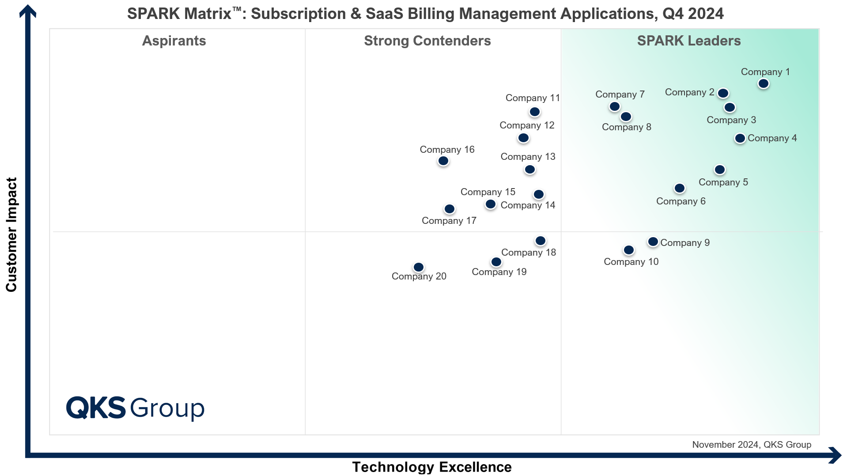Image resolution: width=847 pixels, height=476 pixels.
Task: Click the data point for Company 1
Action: [x=763, y=83]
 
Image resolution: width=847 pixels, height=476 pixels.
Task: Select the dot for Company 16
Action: [x=443, y=161]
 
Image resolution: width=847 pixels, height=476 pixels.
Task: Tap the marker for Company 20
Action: [x=418, y=267]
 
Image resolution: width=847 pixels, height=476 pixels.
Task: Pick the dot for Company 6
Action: [x=679, y=188]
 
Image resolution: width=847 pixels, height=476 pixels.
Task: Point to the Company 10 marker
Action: [x=628, y=250]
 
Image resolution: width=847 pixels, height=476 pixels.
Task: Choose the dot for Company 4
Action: [x=740, y=138]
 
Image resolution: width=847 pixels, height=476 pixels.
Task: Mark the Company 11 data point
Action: [x=534, y=112]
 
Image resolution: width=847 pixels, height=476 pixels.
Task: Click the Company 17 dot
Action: [x=449, y=209]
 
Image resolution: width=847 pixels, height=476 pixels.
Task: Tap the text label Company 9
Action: [x=685, y=243]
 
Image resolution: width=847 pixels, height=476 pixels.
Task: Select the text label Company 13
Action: [x=528, y=157]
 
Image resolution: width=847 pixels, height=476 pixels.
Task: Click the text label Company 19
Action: [x=499, y=272]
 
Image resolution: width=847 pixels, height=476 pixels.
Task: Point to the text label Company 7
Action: [x=620, y=94]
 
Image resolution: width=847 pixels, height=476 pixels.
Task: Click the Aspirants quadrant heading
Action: [x=174, y=41]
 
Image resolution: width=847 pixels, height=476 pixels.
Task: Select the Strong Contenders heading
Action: [x=427, y=41]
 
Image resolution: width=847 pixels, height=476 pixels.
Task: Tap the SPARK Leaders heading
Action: [x=688, y=41]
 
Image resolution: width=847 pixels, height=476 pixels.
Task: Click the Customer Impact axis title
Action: [x=11, y=234]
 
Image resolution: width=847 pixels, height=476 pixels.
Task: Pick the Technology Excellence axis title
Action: [x=431, y=467]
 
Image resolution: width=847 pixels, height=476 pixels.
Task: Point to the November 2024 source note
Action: [x=751, y=445]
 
